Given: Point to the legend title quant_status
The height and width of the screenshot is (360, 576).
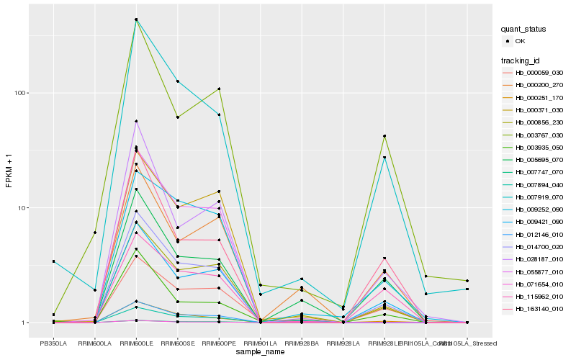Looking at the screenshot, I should coord(524,30).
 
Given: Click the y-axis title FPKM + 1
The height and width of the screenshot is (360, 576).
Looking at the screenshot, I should coord(9,171).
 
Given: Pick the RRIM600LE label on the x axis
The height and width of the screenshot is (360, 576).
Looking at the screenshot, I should coord(136,343).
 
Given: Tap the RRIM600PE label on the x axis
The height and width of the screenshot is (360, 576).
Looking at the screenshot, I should coord(219,343).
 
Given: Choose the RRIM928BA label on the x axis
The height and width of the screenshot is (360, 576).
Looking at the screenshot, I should coord(302,343).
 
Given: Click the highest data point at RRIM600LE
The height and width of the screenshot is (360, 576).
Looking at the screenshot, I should coord(136,19).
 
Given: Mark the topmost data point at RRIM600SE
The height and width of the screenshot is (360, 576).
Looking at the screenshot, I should coord(177,81).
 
